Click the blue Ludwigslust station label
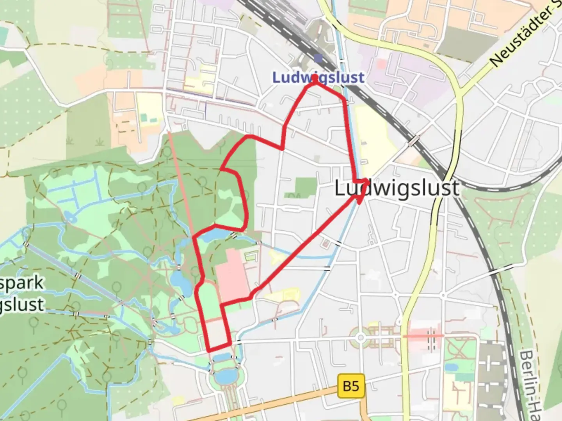(318, 77)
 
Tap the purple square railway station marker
(318, 58)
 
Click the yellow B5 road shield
(351, 386)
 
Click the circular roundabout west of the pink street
(360, 337)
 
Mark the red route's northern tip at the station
(315, 78)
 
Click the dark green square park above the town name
(305, 187)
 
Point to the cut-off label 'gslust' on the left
(21, 304)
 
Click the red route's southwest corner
(208, 350)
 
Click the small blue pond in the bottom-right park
(452, 368)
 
